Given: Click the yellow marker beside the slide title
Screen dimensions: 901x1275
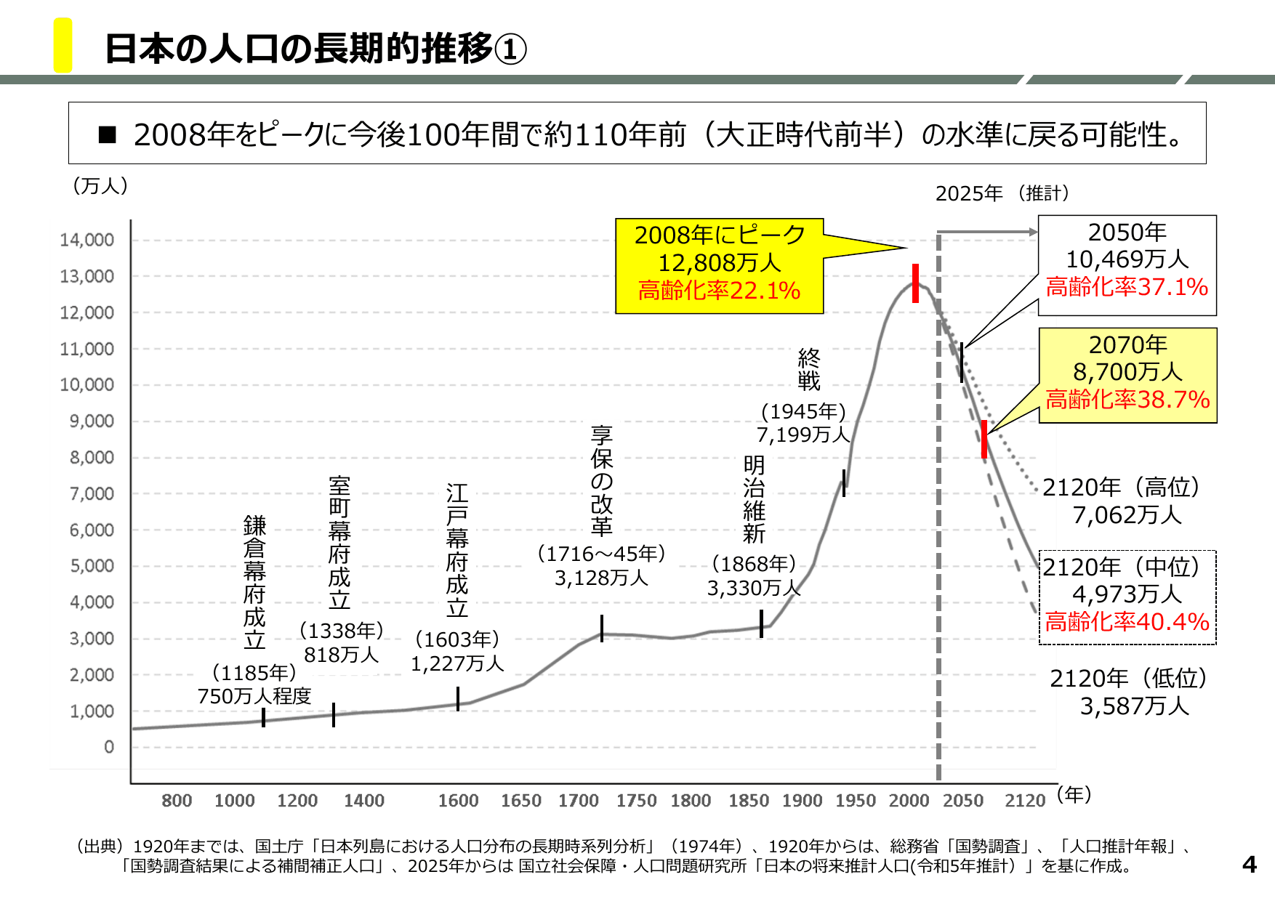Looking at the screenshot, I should tap(63, 45).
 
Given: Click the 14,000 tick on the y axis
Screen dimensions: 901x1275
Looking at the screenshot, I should tap(87, 240).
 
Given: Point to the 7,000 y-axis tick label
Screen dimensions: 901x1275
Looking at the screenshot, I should tap(92, 493).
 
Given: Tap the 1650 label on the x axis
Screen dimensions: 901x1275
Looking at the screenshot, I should tap(520, 801).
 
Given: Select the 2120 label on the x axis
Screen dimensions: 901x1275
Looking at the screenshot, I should tap(1024, 801).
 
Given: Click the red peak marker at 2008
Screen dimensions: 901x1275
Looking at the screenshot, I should tap(915, 283).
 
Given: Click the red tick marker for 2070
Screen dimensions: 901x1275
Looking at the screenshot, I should tap(984, 439).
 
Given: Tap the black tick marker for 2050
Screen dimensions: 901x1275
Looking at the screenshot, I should tap(962, 363).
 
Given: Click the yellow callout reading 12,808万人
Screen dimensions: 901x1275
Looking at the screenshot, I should tap(719, 262).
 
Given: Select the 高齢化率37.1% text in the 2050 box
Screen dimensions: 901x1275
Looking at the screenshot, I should tap(1127, 287).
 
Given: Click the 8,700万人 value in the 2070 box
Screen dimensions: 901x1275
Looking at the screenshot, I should tap(1127, 372).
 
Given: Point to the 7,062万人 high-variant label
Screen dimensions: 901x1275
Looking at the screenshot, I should tap(1127, 515).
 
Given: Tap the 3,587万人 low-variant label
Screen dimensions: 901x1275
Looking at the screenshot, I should tap(1134, 706).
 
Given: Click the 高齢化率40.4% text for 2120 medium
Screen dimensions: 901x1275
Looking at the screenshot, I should tap(1127, 622).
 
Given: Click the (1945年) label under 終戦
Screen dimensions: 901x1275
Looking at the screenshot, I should tap(803, 411).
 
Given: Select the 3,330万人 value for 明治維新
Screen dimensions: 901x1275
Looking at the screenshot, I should tap(753, 588).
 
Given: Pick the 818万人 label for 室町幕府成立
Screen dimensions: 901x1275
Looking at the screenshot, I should tap(341, 655).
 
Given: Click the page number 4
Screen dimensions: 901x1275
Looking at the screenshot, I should tap(1249, 865).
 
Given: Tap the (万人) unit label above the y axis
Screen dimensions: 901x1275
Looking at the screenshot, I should tap(100, 186).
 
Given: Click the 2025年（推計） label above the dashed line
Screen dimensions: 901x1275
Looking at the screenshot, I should tap(1002, 193).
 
